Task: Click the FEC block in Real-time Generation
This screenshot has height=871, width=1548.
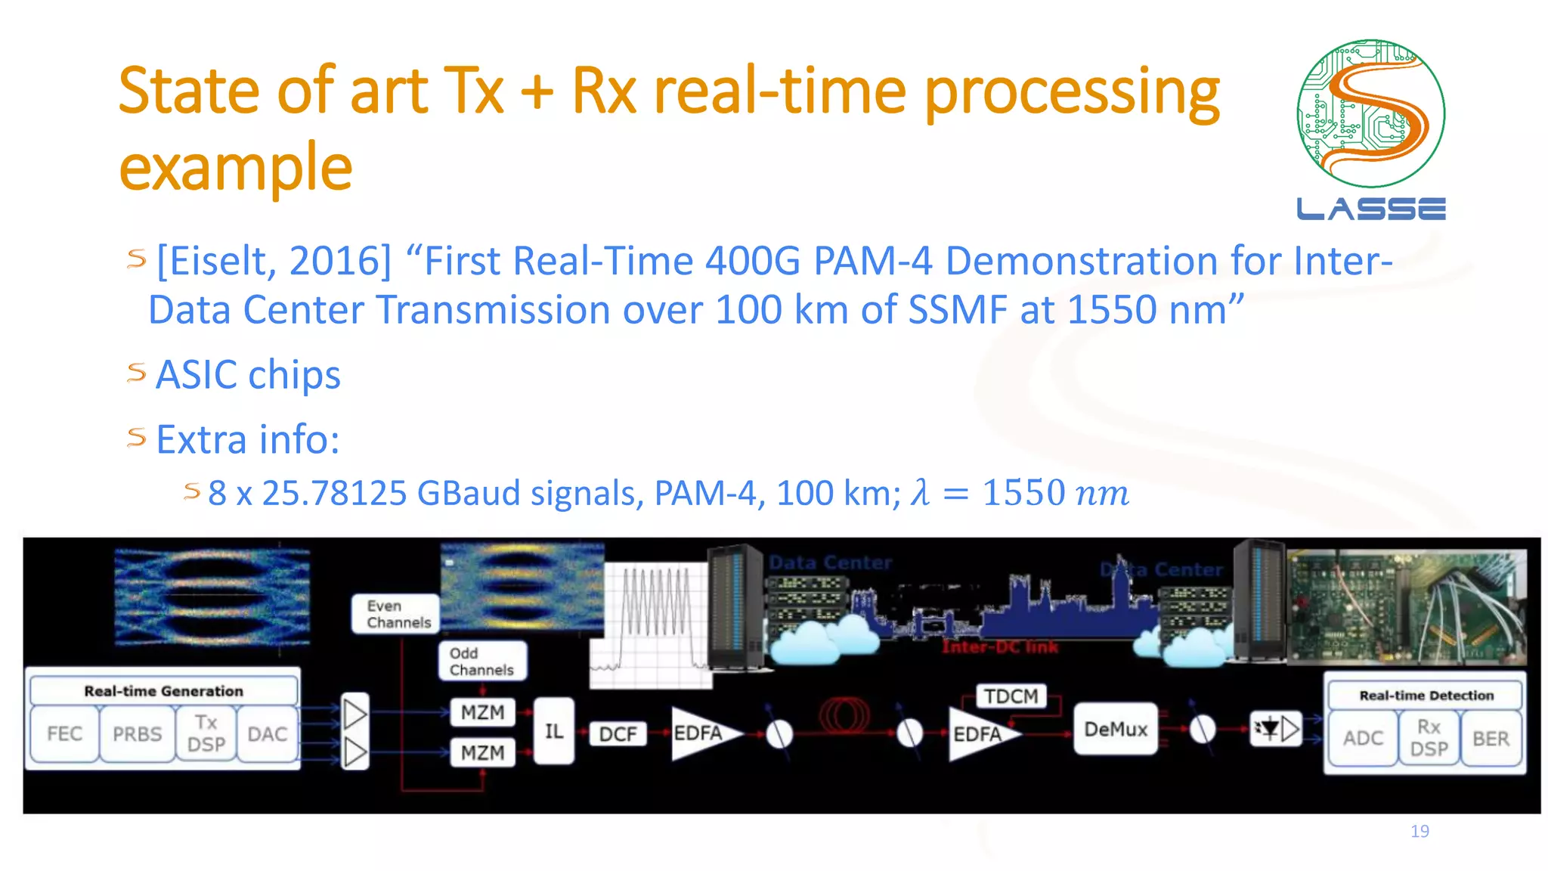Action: click(x=64, y=733)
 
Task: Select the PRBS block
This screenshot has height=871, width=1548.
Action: click(x=137, y=733)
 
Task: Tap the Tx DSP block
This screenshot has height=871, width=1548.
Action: click(x=206, y=733)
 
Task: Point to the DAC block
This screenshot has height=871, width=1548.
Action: click(x=267, y=733)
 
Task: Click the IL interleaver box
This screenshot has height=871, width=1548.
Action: click(x=553, y=731)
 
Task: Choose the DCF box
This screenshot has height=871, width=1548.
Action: click(x=618, y=734)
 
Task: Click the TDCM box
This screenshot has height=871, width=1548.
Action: click(x=1011, y=696)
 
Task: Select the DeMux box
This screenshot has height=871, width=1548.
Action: click(x=1115, y=729)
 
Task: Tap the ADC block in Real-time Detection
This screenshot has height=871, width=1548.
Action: click(x=1363, y=738)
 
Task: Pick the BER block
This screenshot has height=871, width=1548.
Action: click(x=1491, y=738)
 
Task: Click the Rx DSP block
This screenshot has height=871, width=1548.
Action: click(x=1429, y=738)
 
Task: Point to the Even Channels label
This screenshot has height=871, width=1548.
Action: click(x=396, y=614)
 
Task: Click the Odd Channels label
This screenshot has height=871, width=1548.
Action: click(x=481, y=661)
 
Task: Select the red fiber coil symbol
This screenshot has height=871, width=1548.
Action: click(x=844, y=714)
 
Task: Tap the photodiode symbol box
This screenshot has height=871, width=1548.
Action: click(x=1275, y=729)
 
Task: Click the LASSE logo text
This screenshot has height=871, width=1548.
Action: click(x=1370, y=209)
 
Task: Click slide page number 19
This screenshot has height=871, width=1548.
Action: click(x=1420, y=831)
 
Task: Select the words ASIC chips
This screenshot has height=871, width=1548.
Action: click(x=248, y=375)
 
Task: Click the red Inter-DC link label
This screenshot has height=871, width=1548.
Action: click(x=999, y=647)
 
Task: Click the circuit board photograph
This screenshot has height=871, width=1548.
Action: click(x=1406, y=605)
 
